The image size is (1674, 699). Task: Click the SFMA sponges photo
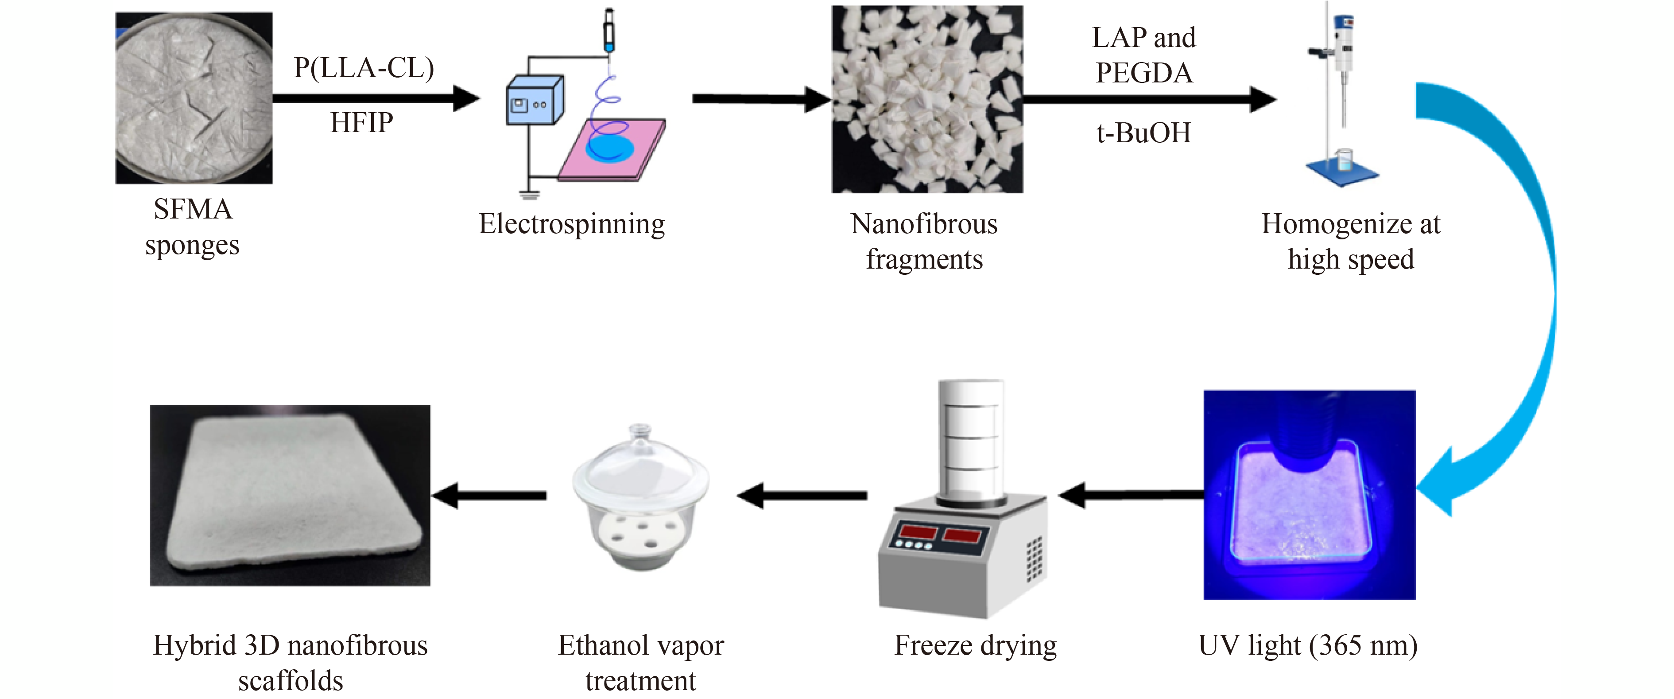[194, 98]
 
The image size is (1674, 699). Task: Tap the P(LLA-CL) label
[363, 68]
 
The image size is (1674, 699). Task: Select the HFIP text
[361, 122]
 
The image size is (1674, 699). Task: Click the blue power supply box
[534, 101]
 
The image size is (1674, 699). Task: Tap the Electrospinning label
[571, 224]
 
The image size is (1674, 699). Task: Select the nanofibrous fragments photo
[926, 99]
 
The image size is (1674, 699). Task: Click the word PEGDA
[1144, 73]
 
